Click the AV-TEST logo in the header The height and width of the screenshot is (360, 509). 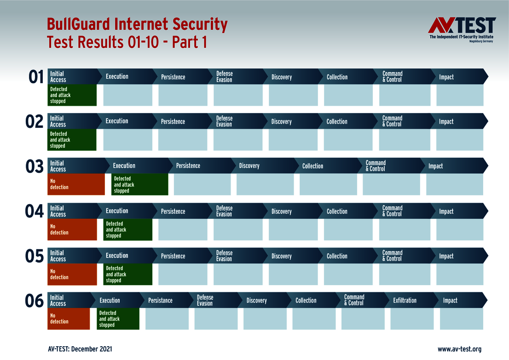coord(462,29)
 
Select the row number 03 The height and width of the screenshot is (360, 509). coord(35,166)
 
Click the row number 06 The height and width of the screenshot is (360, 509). coord(35,301)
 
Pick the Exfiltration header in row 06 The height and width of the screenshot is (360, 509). coord(405,301)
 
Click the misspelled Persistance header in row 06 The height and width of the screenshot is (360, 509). coord(160,301)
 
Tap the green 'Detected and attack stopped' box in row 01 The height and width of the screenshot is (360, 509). coord(72,95)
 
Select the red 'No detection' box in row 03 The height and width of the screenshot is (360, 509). coord(76,184)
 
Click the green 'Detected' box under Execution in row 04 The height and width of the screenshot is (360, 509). coord(127,229)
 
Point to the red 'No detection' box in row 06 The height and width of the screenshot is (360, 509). coord(69,319)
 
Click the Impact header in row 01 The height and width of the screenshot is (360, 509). coord(446,77)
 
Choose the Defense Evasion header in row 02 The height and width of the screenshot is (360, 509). coord(224,121)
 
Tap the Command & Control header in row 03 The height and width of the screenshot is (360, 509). coord(376,166)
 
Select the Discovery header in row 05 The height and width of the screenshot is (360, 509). coord(282,256)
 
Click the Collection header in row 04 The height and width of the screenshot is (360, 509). coord(337,211)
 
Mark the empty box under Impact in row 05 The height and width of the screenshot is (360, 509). coord(460,274)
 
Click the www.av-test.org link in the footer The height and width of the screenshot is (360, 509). coord(459,349)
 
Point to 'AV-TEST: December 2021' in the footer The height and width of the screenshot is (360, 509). coord(80,349)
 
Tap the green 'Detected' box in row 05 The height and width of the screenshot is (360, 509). coord(127,274)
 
